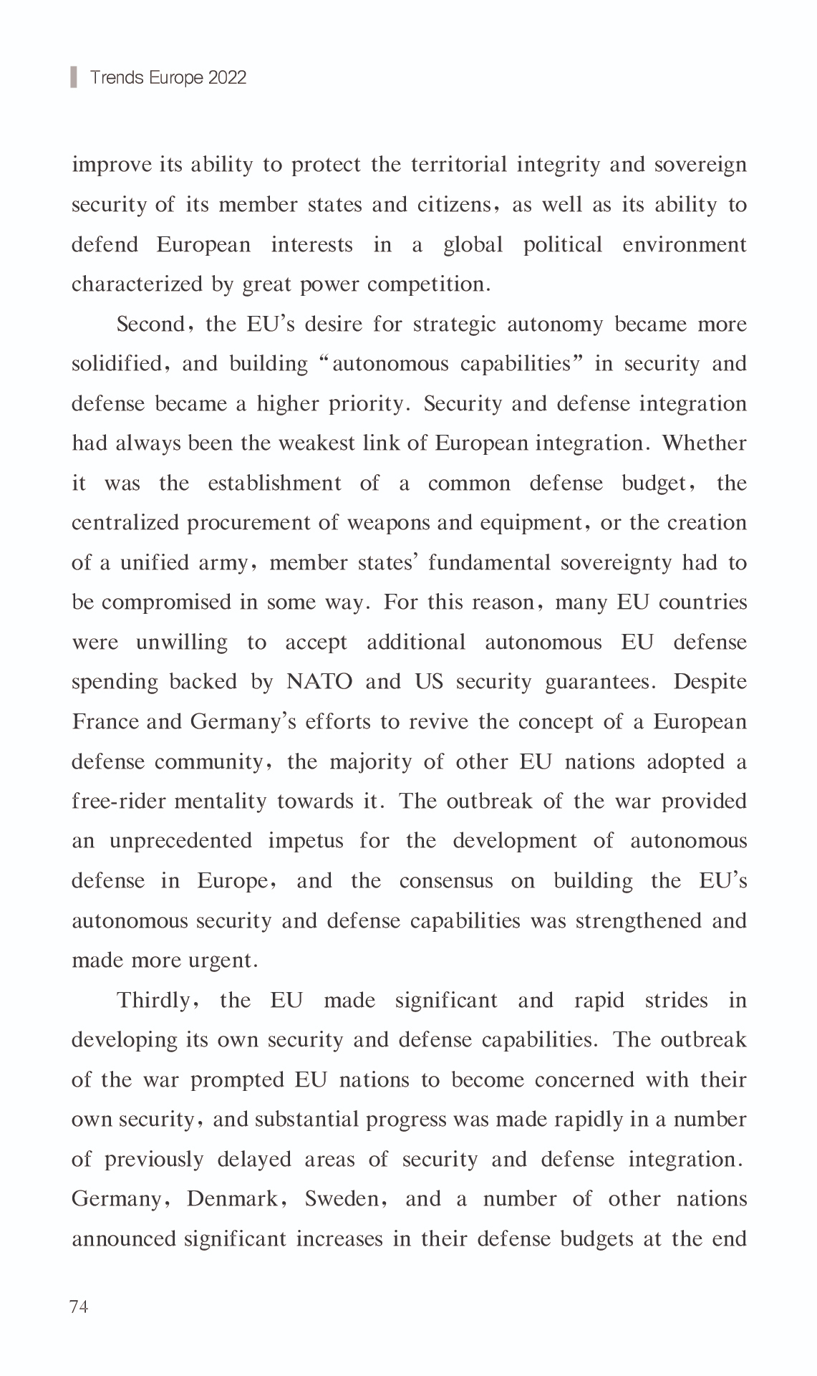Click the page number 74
click(79, 1307)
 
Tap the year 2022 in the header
click(227, 77)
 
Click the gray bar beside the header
click(74, 77)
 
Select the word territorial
click(458, 165)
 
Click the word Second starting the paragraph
click(152, 324)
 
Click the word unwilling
click(181, 642)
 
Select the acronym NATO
click(319, 681)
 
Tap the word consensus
click(445, 881)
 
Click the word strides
click(676, 1000)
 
